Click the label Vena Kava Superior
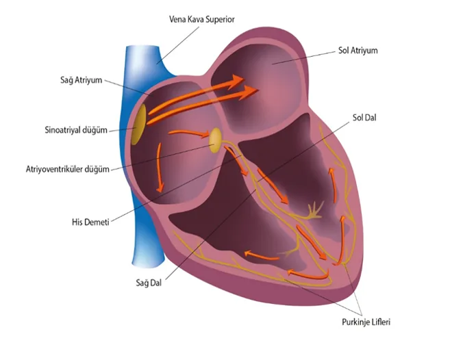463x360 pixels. tap(201, 19)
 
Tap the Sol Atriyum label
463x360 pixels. tap(358, 51)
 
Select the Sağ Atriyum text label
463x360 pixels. tap(82, 80)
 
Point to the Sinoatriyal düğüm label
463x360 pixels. tap(76, 130)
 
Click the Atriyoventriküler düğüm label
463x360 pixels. tap(68, 169)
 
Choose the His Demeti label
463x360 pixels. tap(90, 222)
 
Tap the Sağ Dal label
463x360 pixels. tap(149, 283)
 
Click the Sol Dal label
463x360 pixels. tap(364, 118)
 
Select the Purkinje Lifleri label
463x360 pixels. tap(366, 322)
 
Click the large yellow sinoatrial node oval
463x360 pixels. tap(139, 125)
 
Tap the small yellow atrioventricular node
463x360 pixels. tap(215, 140)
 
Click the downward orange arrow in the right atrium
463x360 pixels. tap(160, 167)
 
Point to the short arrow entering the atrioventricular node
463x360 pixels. tap(189, 133)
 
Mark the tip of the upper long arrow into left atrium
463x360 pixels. tap(244, 79)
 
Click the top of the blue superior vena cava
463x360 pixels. tap(142, 47)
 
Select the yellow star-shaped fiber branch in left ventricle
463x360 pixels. tap(314, 211)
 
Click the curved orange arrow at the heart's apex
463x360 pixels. tap(309, 275)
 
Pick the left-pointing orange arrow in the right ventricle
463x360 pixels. tap(262, 255)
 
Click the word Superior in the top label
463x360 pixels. tap(221, 19)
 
